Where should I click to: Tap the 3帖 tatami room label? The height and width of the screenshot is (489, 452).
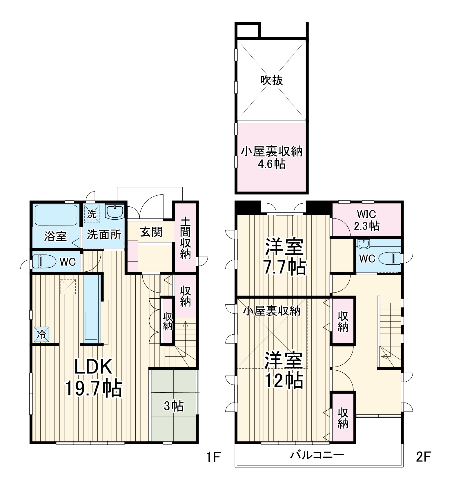[x=174, y=406]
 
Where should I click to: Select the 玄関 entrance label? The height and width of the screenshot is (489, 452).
[x=151, y=232]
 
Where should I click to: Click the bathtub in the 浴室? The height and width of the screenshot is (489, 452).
[x=56, y=215]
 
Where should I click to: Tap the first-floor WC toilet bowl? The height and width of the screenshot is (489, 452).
[x=44, y=261]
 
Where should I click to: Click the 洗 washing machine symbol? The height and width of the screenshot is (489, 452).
[x=92, y=214]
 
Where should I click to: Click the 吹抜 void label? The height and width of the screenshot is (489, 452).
[x=271, y=80]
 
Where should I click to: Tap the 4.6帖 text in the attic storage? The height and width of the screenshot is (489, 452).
[x=272, y=164]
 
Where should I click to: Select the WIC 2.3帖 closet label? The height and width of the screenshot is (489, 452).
[x=367, y=220]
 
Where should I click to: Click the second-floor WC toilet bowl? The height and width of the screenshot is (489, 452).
[x=390, y=258]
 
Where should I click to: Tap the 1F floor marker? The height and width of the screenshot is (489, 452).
[x=213, y=457]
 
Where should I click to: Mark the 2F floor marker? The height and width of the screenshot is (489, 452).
[x=423, y=457]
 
